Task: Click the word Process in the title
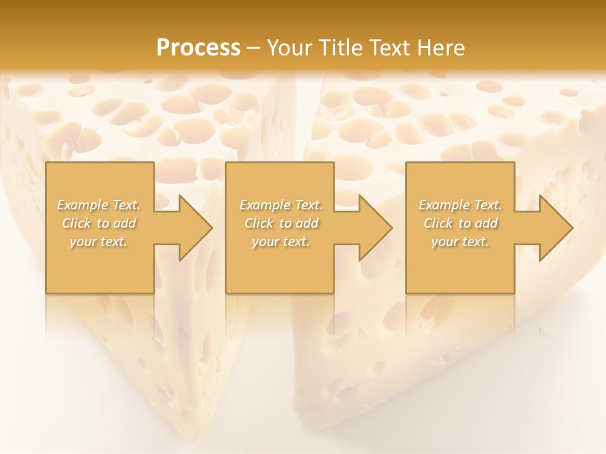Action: pyautogui.click(x=198, y=47)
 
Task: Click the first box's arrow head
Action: pyautogui.click(x=193, y=228)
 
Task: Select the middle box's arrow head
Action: pyautogui.click(x=373, y=228)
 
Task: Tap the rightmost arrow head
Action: pyautogui.click(x=554, y=228)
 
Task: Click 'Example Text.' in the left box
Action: pyautogui.click(x=99, y=205)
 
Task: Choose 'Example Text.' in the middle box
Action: pyautogui.click(x=281, y=205)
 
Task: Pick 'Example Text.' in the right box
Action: pyautogui.click(x=460, y=205)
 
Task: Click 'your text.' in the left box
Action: pyautogui.click(x=99, y=242)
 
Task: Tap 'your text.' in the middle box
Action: pyautogui.click(x=281, y=242)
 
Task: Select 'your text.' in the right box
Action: pyautogui.click(x=460, y=242)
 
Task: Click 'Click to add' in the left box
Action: pyautogui.click(x=99, y=223)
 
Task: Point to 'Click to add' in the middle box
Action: pyautogui.click(x=281, y=223)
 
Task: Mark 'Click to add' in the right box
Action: pyautogui.click(x=460, y=223)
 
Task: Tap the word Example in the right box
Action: pyautogui.click(x=444, y=205)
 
